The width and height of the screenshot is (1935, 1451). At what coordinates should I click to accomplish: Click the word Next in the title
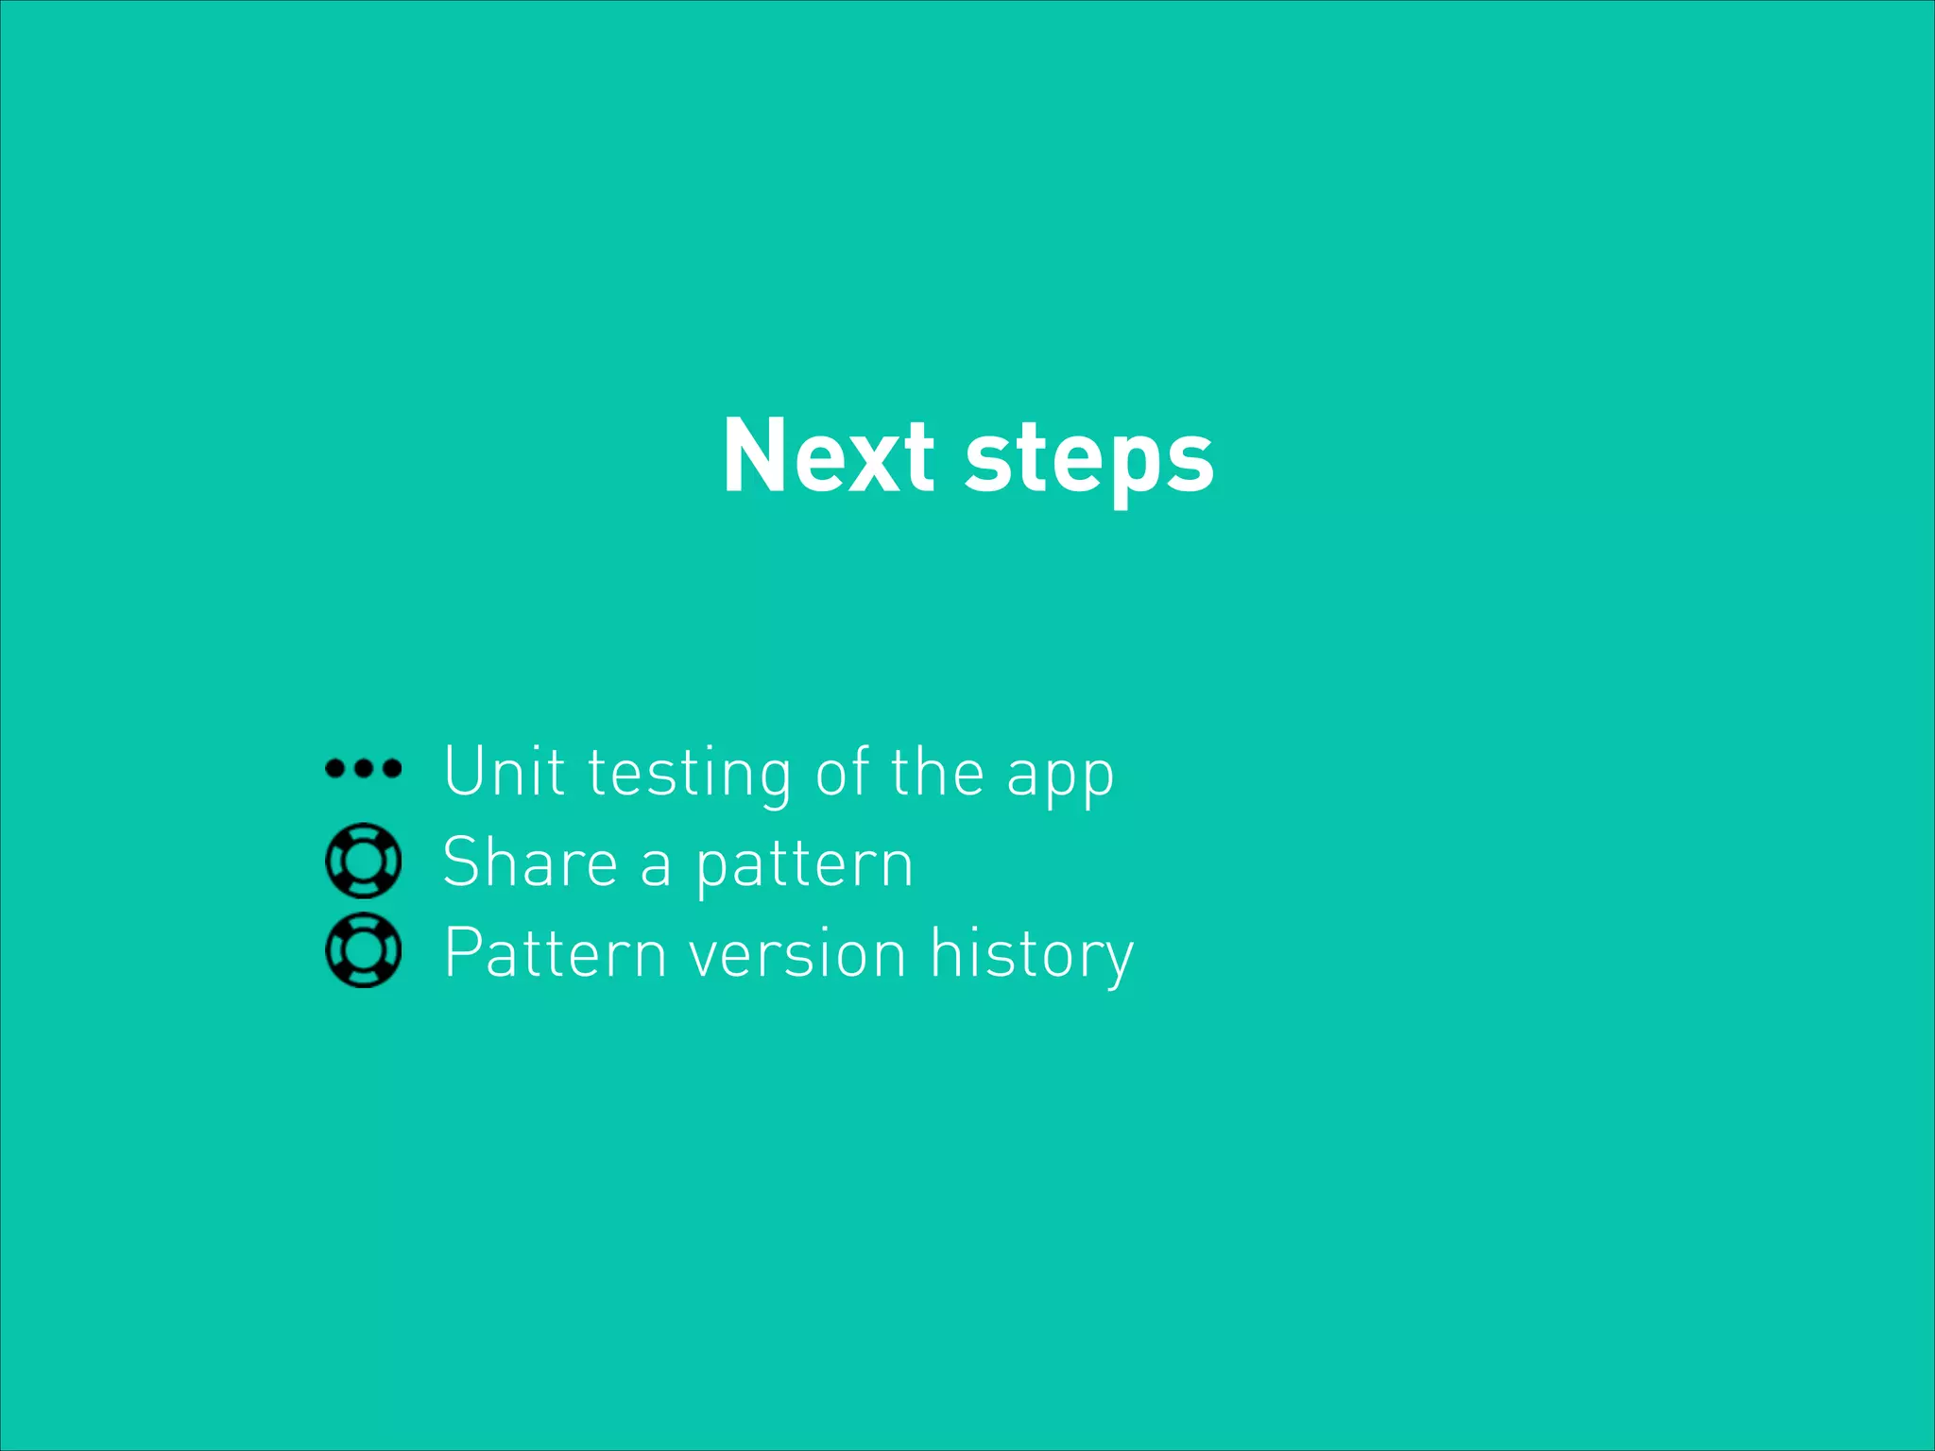(x=828, y=456)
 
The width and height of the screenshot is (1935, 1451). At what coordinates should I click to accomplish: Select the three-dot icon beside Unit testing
(x=363, y=768)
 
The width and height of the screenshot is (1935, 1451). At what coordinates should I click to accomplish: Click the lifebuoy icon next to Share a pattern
(x=363, y=860)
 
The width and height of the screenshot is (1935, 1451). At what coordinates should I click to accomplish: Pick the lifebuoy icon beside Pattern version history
(x=363, y=950)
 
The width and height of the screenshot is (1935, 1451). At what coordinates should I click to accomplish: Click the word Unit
(x=505, y=771)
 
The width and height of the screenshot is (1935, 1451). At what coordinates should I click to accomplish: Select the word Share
(x=530, y=862)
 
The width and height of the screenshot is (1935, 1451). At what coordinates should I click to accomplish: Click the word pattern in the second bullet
(x=804, y=865)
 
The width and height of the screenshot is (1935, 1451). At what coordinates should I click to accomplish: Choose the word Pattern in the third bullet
(x=556, y=952)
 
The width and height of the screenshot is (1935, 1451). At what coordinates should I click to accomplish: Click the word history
(x=1032, y=954)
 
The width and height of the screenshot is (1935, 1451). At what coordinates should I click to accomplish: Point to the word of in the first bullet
(x=842, y=771)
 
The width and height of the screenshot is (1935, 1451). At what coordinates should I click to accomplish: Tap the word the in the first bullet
(x=937, y=771)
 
